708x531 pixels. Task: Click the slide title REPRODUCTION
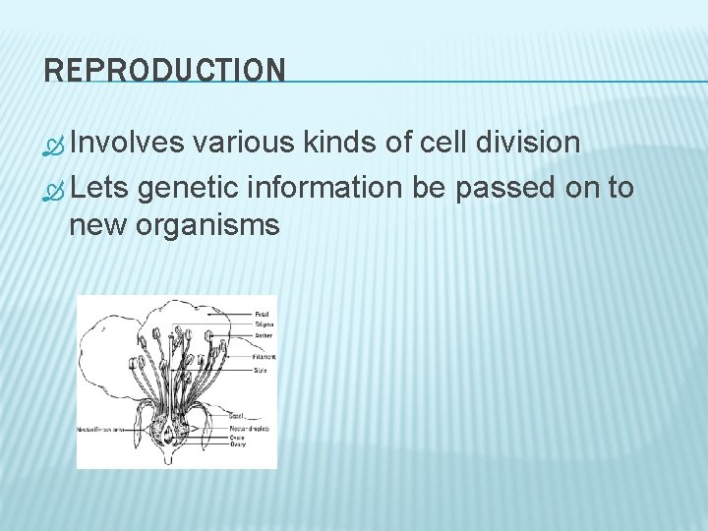tap(165, 70)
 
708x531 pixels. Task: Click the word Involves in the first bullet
tap(128, 144)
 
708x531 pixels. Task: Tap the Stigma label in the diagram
tap(264, 324)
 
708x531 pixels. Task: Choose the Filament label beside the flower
tap(265, 357)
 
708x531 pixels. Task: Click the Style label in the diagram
tap(261, 370)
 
